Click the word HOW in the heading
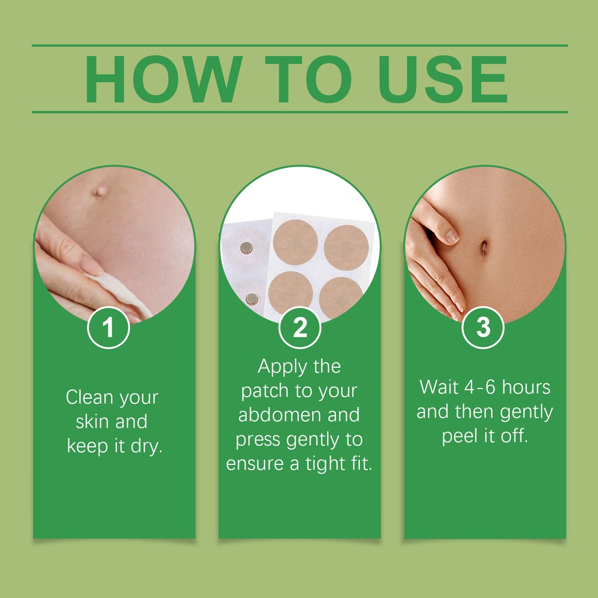tap(164, 79)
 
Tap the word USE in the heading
tap(443, 79)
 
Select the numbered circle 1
tap(109, 328)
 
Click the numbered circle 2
tap(300, 328)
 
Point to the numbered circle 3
tap(483, 328)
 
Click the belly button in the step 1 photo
tap(100, 191)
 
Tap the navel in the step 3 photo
tap(484, 248)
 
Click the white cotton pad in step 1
tap(119, 294)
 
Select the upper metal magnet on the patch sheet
tap(246, 248)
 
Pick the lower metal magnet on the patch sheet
tap(252, 299)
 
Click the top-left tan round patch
tap(295, 242)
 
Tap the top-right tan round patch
tap(346, 247)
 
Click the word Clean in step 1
tap(89, 397)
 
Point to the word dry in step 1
tap(147, 446)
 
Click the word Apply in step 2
tap(283, 367)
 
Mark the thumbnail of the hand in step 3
tap(451, 237)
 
